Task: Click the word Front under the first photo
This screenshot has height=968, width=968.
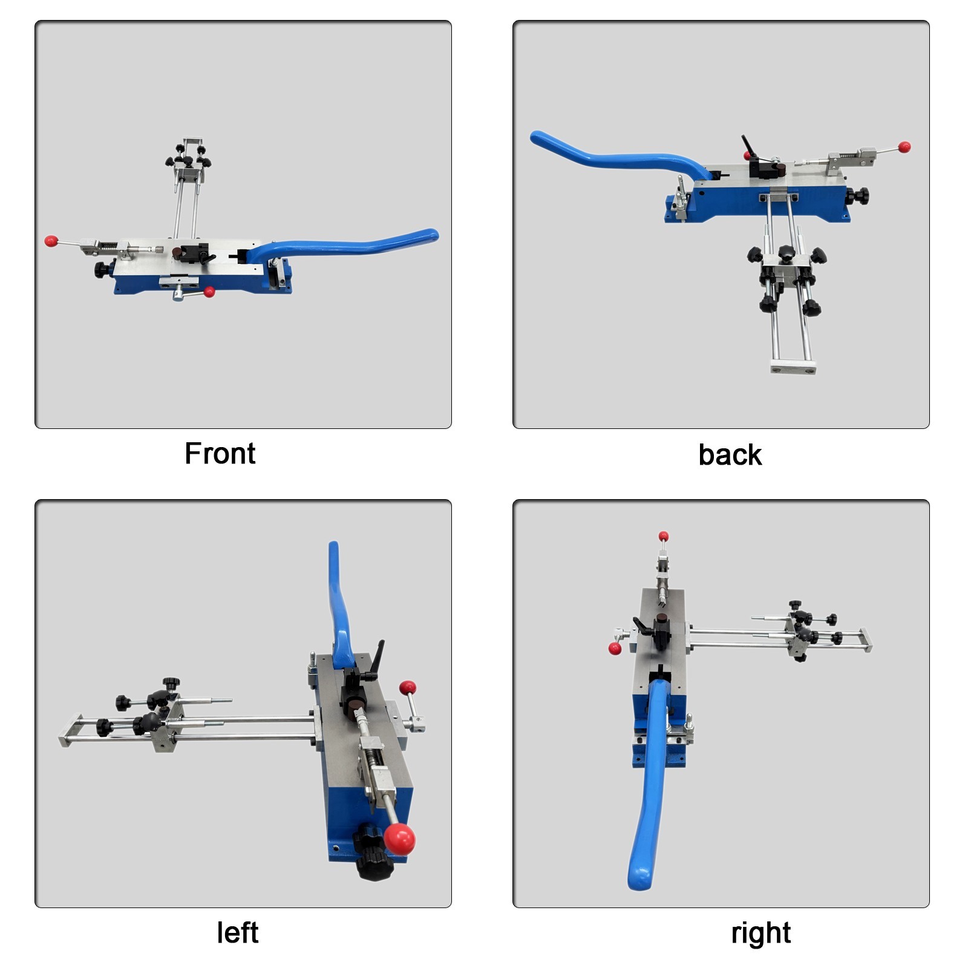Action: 220,453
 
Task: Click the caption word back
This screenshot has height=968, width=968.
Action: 730,454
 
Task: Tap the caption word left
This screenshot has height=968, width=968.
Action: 238,932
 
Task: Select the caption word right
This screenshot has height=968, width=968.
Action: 760,934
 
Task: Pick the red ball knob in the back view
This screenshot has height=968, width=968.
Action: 904,147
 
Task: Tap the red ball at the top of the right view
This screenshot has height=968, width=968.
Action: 664,536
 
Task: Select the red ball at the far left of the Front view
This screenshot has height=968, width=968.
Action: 51,241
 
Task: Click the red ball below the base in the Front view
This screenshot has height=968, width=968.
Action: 209,292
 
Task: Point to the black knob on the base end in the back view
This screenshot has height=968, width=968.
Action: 857,196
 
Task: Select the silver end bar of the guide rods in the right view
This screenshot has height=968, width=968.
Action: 866,640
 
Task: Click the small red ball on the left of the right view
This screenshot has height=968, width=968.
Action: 615,649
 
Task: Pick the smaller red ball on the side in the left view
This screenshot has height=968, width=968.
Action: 407,687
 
